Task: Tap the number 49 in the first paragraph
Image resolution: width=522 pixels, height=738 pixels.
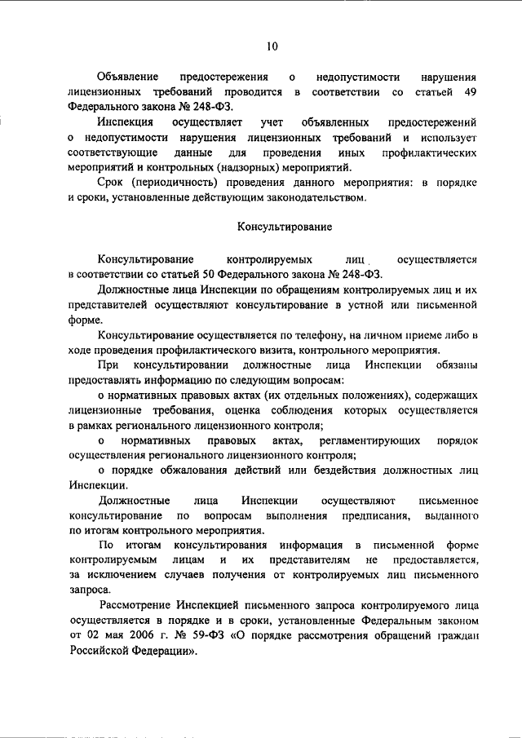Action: pyautogui.click(x=469, y=91)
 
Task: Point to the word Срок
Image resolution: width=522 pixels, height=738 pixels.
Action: pyautogui.click(x=111, y=182)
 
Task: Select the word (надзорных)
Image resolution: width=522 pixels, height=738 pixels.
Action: pyautogui.click(x=224, y=167)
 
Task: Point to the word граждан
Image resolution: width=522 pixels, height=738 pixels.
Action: pyautogui.click(x=455, y=638)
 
